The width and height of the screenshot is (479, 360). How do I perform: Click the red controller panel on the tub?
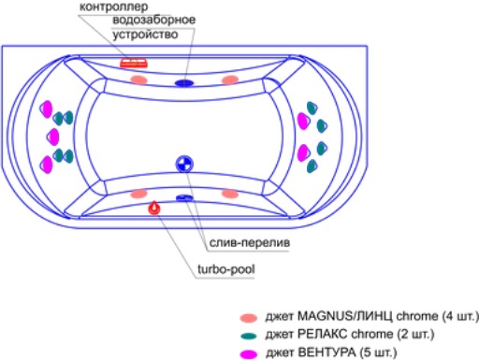(x=134, y=63)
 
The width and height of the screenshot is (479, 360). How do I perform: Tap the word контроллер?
(x=114, y=7)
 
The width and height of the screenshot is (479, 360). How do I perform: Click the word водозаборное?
(x=154, y=21)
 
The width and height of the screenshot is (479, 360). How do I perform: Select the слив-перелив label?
(x=250, y=242)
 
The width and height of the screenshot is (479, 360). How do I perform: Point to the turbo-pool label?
(x=226, y=269)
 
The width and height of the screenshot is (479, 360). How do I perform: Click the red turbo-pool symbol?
(x=154, y=208)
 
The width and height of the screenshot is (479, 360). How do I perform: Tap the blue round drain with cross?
(x=184, y=164)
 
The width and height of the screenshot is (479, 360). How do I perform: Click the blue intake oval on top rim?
(x=184, y=83)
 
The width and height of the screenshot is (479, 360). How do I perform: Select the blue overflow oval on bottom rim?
(x=184, y=198)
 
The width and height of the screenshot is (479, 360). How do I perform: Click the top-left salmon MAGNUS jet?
(x=138, y=79)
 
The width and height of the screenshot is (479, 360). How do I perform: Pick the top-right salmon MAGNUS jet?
(x=230, y=80)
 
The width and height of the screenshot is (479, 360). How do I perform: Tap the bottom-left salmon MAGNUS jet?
(x=138, y=194)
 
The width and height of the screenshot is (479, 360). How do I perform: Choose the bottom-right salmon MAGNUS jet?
(x=230, y=194)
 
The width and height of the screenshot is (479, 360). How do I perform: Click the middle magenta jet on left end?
(x=53, y=137)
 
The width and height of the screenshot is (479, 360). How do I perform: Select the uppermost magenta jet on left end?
(x=46, y=109)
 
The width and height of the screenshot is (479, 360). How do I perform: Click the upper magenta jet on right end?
(x=303, y=121)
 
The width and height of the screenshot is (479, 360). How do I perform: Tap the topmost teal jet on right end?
(x=312, y=108)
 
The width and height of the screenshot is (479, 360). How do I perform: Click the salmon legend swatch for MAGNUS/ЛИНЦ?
(x=249, y=318)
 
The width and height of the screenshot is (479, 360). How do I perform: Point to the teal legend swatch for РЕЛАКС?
(x=249, y=336)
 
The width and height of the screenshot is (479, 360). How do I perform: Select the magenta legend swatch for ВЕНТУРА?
(x=249, y=354)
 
